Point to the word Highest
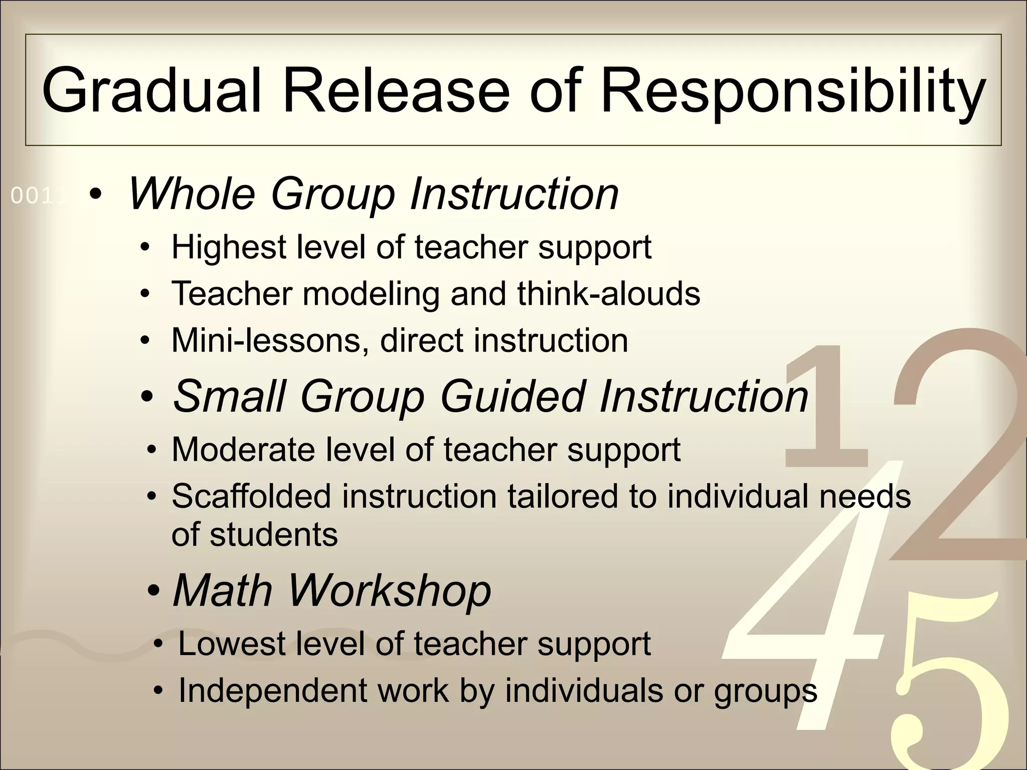click(x=229, y=248)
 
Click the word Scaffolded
click(x=251, y=496)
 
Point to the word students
click(x=274, y=534)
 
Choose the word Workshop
click(x=389, y=590)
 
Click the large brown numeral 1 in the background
click(x=827, y=406)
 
